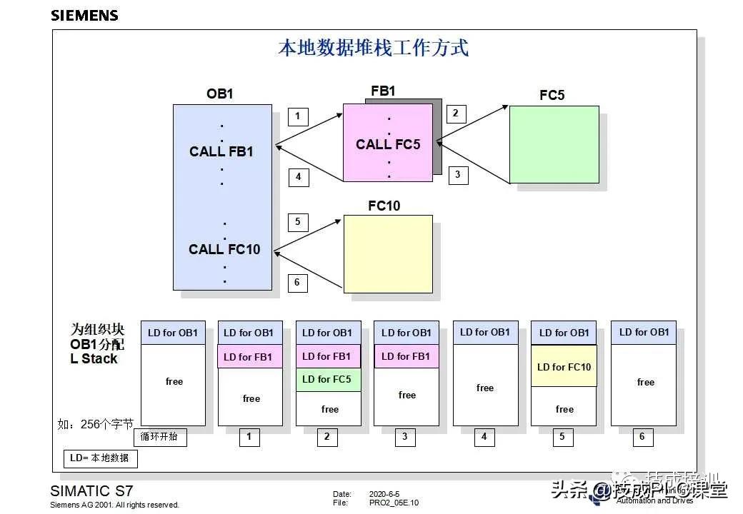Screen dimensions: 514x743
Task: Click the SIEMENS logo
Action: click(x=84, y=15)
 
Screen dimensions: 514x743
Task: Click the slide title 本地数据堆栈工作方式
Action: click(x=373, y=49)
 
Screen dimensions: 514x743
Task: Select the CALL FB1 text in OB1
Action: click(x=221, y=151)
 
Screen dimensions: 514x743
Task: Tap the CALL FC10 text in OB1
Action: click(x=224, y=249)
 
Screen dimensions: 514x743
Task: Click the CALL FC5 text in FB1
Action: click(x=388, y=144)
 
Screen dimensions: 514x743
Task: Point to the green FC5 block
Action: click(x=554, y=144)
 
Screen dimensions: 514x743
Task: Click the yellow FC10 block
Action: click(x=388, y=253)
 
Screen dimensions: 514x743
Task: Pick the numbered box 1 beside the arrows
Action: click(x=298, y=116)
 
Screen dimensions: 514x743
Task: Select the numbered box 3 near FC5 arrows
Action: click(x=458, y=174)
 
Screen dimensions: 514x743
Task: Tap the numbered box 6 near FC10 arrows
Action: click(x=298, y=283)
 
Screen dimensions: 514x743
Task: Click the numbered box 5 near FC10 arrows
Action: click(x=298, y=222)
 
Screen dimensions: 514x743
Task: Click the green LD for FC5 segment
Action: click(x=327, y=379)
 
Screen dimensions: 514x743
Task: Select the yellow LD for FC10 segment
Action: click(x=564, y=367)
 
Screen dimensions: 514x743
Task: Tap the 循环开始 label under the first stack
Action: click(x=159, y=437)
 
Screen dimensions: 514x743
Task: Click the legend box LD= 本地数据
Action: click(x=100, y=458)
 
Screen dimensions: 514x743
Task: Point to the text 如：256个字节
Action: click(x=95, y=424)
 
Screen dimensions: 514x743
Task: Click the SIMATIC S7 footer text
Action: click(x=91, y=491)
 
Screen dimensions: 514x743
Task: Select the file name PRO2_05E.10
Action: click(x=394, y=503)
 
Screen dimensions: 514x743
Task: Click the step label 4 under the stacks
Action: click(x=484, y=436)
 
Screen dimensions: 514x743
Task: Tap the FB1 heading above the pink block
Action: click(x=383, y=91)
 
